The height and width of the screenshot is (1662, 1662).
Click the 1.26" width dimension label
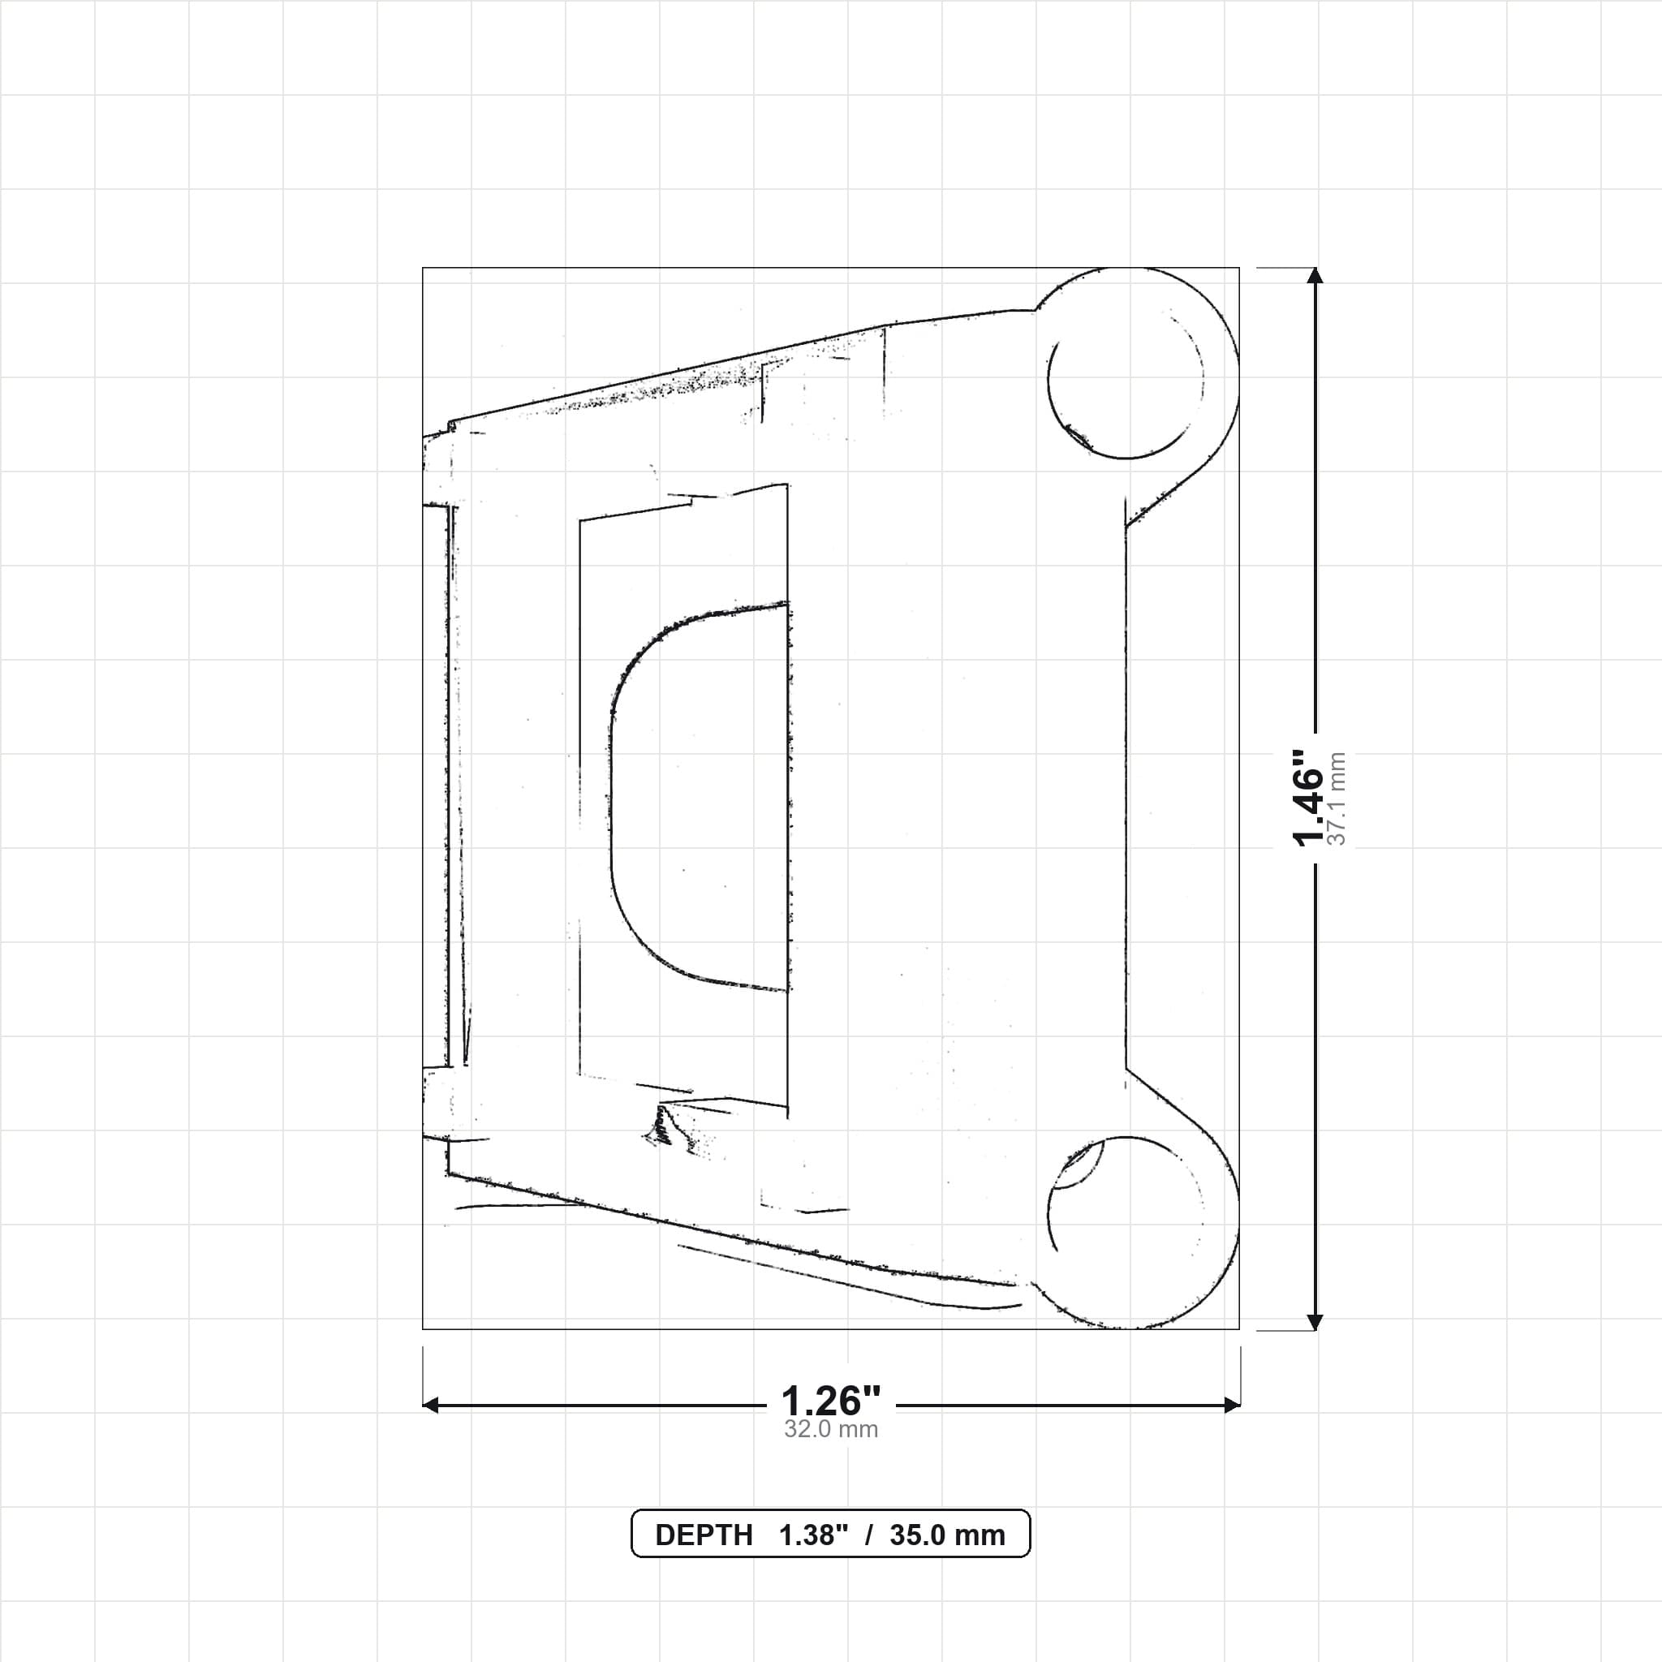click(x=830, y=1402)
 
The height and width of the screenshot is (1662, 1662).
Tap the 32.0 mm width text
click(x=830, y=1430)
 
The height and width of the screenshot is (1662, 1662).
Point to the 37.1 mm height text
click(x=1337, y=799)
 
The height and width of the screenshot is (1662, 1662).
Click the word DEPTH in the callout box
click(x=704, y=1535)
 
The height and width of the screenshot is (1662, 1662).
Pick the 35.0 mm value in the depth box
click(x=947, y=1535)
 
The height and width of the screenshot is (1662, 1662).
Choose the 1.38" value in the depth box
click(x=814, y=1535)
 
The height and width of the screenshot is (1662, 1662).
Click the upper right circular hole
click(x=1126, y=381)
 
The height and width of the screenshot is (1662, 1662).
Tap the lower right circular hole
click(x=1126, y=1214)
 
